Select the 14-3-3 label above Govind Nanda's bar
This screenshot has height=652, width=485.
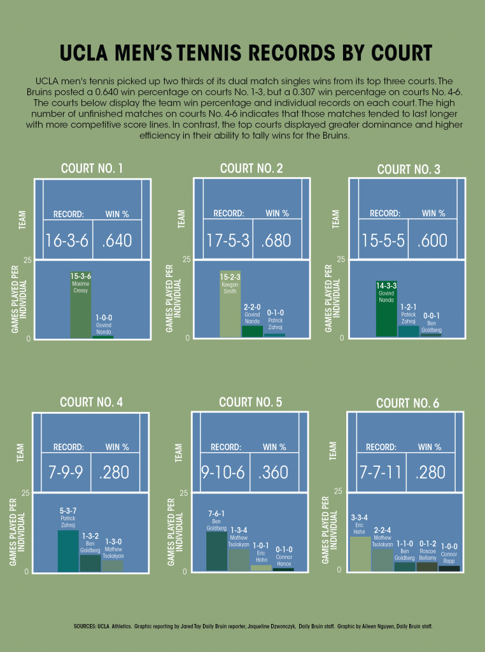click(386, 286)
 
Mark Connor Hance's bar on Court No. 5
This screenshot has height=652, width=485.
click(283, 569)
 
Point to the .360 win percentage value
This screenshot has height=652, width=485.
click(274, 472)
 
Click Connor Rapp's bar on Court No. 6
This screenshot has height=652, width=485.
click(449, 568)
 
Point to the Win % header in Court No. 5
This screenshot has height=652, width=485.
click(274, 447)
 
